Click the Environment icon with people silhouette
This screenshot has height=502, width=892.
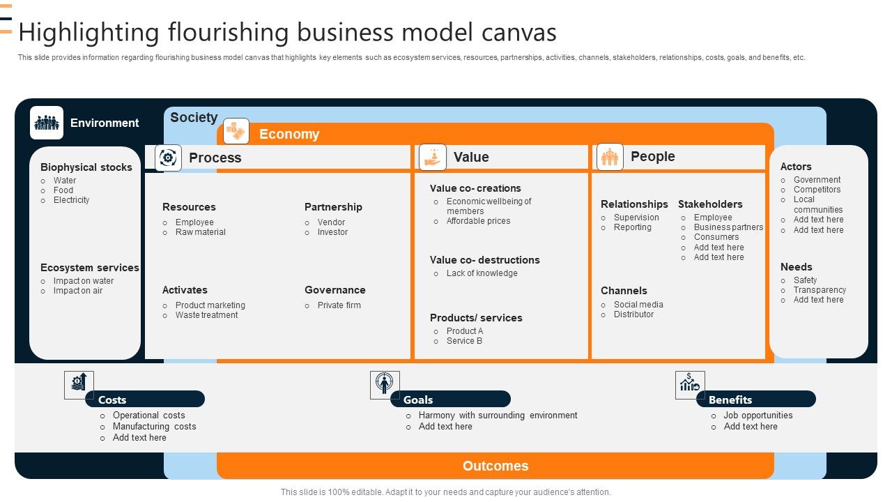[x=47, y=123]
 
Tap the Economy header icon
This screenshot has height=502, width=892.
[x=236, y=131]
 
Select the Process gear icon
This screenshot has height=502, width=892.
[x=168, y=158]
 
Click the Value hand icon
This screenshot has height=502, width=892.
[x=432, y=157]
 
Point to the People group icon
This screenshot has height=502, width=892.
[x=610, y=157]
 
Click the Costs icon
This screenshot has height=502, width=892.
[x=79, y=385]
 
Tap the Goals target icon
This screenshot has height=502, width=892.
[x=385, y=385]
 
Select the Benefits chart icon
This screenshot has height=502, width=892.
[x=690, y=385]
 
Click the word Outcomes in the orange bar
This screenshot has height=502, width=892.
[x=495, y=466]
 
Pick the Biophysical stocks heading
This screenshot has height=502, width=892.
[x=86, y=167]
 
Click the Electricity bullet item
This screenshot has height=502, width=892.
[x=71, y=200]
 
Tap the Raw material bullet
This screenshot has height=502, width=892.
[x=201, y=232]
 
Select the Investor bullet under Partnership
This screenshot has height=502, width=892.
[x=332, y=232]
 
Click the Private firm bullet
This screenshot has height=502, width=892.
[x=339, y=305]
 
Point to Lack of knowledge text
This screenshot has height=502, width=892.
[x=482, y=273]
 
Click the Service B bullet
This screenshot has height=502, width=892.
[x=465, y=341]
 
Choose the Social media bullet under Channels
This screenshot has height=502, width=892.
[x=638, y=305]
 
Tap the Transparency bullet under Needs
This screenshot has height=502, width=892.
[x=820, y=290]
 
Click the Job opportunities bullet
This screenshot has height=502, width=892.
[x=758, y=416]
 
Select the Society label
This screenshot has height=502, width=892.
[x=194, y=117]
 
